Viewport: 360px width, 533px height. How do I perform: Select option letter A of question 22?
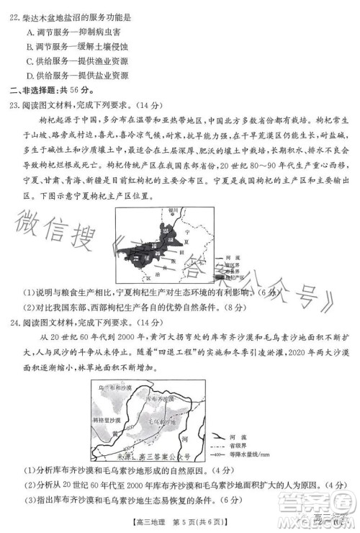coord(29,33)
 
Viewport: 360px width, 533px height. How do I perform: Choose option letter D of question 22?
coord(29,75)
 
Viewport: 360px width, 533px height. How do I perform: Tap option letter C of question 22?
coord(29,61)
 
